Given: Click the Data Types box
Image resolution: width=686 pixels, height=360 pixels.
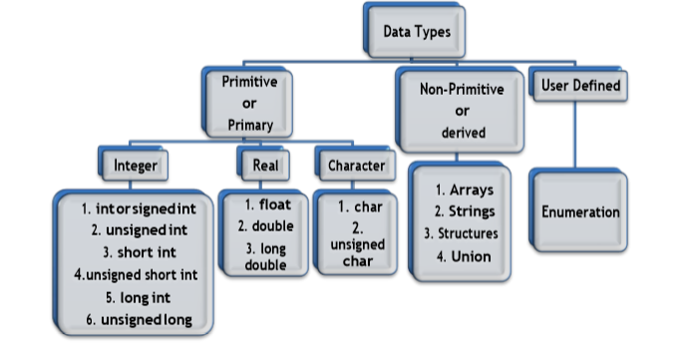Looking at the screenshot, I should (417, 32).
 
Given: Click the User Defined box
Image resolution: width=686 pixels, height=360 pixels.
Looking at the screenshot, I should (580, 87).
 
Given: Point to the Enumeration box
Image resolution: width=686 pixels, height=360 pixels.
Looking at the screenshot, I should (580, 212).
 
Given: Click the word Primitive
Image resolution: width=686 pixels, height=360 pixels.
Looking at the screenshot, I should (249, 81).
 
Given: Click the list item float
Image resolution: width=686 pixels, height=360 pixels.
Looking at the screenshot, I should (263, 204).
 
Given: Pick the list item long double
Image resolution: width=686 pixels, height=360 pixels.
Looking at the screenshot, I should (264, 256).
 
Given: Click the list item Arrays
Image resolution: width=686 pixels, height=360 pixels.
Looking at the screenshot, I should (464, 188).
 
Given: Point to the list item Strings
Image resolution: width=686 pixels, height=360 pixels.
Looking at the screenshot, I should (464, 211).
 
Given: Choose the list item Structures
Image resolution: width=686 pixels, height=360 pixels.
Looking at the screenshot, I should (462, 233).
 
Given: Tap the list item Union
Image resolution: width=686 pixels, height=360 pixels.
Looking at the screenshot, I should (464, 256).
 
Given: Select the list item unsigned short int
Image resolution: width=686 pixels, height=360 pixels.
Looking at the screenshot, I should (136, 273).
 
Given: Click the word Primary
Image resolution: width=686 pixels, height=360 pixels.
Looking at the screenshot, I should (249, 126).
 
